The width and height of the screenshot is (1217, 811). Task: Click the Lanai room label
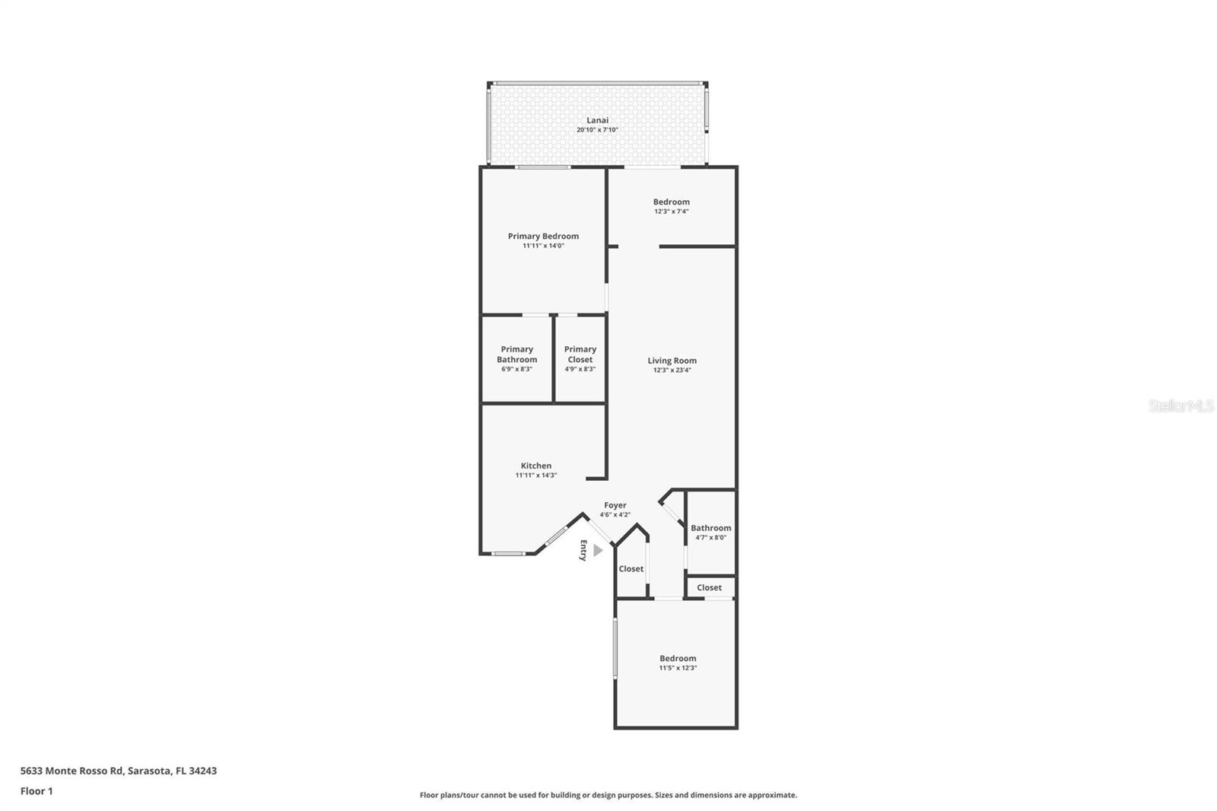point(597,120)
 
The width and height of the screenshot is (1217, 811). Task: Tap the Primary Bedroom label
point(543,237)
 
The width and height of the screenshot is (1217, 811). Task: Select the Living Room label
point(672,361)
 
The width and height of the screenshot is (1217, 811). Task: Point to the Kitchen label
point(535,466)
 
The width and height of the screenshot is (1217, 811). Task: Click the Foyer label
point(615,505)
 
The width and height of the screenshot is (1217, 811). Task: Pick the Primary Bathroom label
point(516,355)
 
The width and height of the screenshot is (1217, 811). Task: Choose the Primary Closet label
point(580,355)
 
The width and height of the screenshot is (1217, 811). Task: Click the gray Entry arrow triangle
point(598,550)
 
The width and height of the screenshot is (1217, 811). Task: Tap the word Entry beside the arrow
point(583,550)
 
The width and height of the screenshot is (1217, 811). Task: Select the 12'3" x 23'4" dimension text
point(672,371)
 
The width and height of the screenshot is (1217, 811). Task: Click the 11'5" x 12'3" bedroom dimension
point(678,668)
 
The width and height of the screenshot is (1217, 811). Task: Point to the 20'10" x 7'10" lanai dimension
point(597,130)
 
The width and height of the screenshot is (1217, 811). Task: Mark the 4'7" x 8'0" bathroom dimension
point(710,537)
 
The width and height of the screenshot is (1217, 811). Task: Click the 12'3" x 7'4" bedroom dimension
point(671,211)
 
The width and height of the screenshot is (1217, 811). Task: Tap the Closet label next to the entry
point(631,569)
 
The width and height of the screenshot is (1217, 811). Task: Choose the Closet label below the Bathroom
point(709,587)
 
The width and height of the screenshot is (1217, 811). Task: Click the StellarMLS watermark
point(1180,406)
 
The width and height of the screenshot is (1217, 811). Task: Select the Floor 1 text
point(37,791)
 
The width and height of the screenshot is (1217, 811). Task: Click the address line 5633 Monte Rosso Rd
point(118,771)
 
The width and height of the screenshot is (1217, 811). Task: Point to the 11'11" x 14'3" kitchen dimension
point(535,475)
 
